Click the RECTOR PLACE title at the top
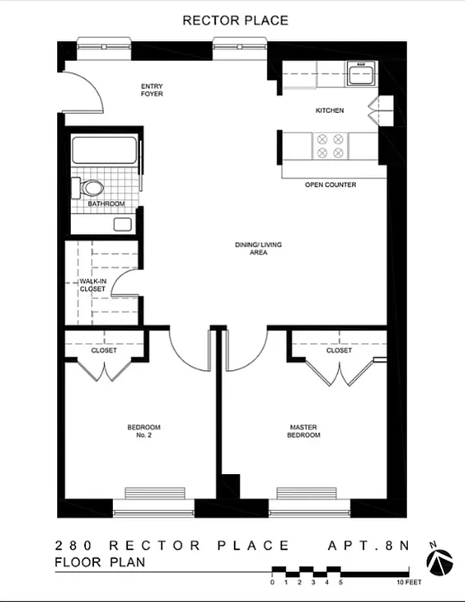click(x=235, y=20)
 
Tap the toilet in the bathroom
click(x=90, y=187)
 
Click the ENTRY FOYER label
click(x=151, y=90)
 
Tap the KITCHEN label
click(x=330, y=111)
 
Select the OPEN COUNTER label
click(x=330, y=184)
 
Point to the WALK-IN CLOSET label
click(x=93, y=284)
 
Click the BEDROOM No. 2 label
click(x=144, y=431)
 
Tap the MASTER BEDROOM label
click(x=305, y=431)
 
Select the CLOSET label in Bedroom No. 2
click(x=104, y=350)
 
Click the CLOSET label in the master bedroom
click(x=339, y=350)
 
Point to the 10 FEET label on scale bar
click(x=409, y=582)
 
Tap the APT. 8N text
click(x=368, y=546)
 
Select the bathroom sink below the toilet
click(x=122, y=223)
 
